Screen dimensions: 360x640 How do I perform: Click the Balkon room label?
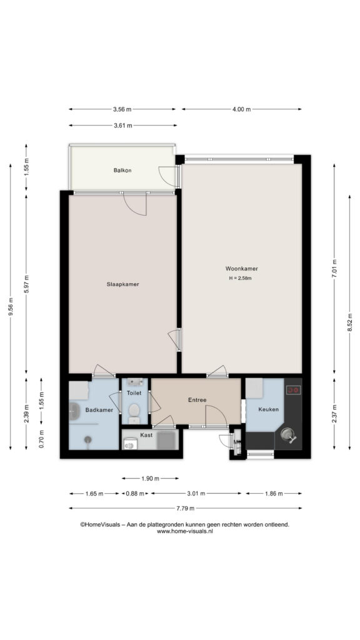122,170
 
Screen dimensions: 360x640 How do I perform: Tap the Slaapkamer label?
122,284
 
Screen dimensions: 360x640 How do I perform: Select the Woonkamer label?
241,269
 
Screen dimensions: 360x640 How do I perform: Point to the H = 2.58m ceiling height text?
240,278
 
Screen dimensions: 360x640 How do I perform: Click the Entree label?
197,400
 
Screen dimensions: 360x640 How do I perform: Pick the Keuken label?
268,409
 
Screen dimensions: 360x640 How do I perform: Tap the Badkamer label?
99,410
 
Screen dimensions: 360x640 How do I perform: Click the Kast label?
146,435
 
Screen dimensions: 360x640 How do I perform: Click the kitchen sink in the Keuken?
289,435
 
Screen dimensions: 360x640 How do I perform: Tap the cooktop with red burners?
294,390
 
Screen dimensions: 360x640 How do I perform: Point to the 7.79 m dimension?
185,508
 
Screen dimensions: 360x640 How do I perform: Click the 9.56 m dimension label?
11,306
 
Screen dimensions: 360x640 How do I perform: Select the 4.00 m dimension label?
242,109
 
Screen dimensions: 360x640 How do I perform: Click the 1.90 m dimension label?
150,478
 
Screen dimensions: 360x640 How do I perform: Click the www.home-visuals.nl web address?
185,531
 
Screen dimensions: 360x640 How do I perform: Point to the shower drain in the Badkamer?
87,439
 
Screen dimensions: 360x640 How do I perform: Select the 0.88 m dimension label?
135,494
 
